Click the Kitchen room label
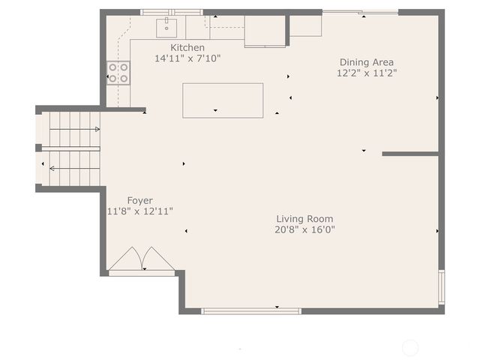[187, 48]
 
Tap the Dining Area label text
[367, 62]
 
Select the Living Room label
[304, 219]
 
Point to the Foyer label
[139, 201]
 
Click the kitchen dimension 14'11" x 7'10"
[187, 58]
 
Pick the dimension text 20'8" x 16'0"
[304, 229]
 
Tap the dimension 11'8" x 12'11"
[140, 211]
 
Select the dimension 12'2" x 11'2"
[367, 73]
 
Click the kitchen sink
[166, 28]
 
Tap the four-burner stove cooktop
[118, 73]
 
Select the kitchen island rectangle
[223, 100]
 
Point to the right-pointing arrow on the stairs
[75, 129]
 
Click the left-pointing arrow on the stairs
[75, 168]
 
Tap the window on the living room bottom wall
[251, 311]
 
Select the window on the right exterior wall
[442, 286]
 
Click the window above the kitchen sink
[172, 12]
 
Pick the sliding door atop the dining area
[360, 12]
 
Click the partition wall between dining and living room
[410, 154]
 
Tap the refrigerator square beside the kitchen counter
[265, 31]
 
